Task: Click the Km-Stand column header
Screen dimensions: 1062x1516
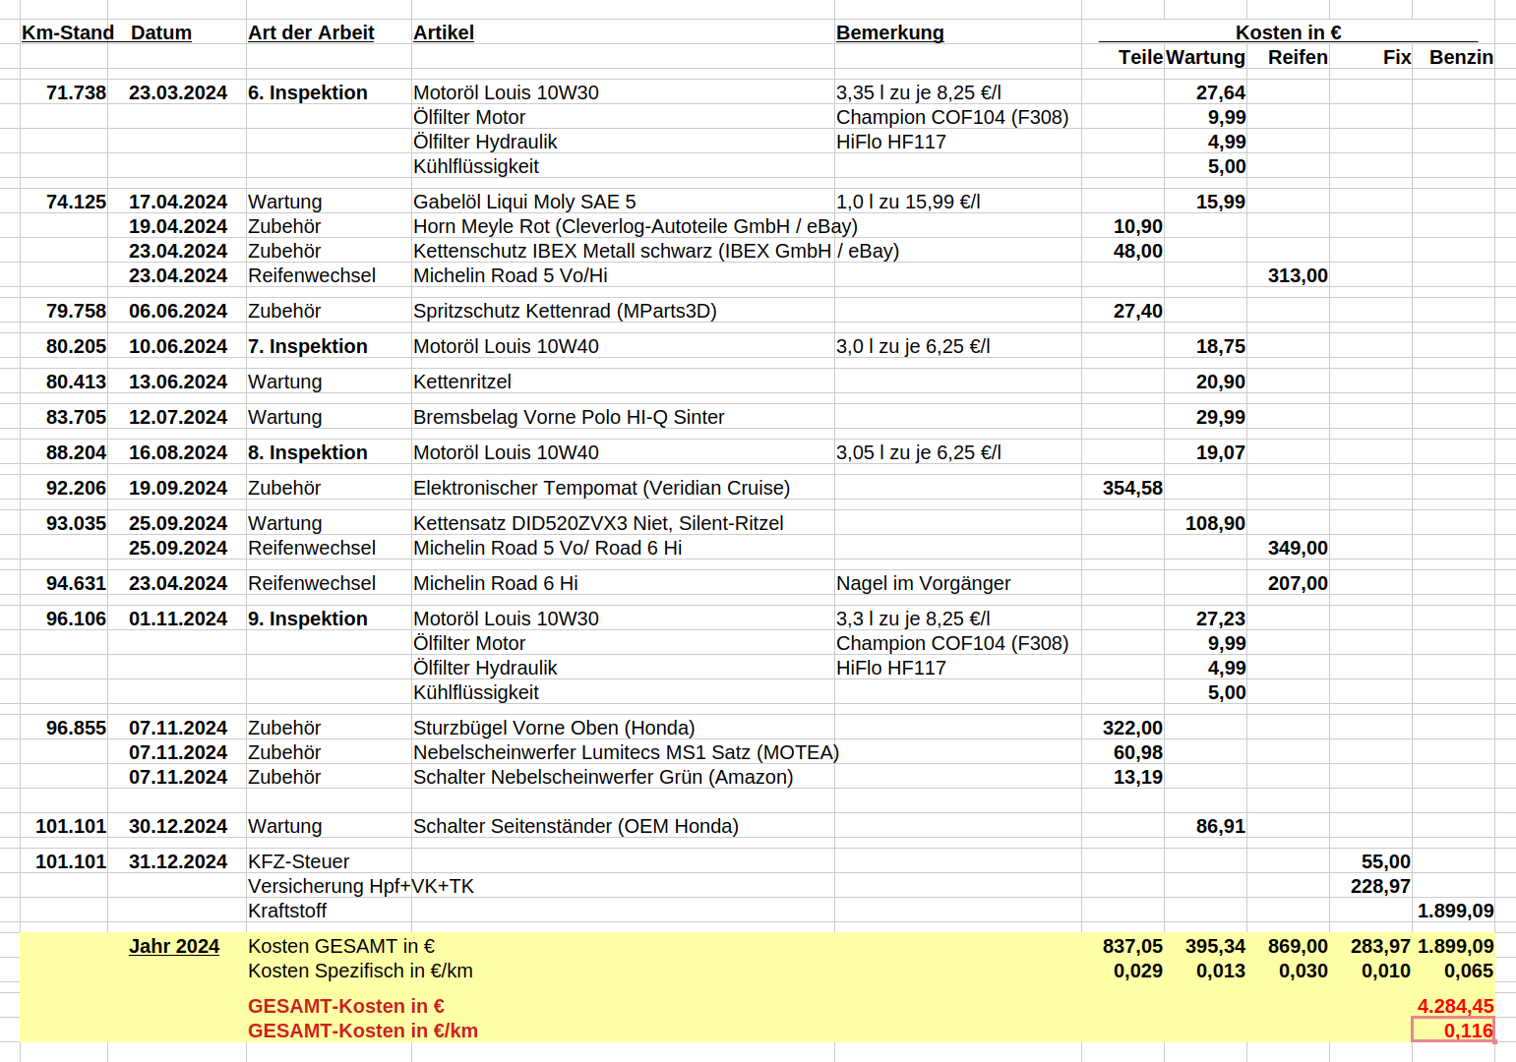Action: (68, 32)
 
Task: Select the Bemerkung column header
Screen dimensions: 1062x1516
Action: (889, 32)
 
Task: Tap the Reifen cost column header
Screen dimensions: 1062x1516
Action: (1297, 57)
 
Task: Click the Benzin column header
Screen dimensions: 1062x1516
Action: (1460, 57)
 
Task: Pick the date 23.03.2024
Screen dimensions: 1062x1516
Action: (178, 92)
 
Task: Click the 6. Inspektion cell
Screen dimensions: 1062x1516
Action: (307, 92)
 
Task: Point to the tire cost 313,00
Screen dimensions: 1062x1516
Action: (1297, 275)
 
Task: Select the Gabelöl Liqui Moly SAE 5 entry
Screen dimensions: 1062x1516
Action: (524, 202)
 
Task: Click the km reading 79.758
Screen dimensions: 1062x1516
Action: (76, 311)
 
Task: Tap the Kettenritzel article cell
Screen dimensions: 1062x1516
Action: (462, 382)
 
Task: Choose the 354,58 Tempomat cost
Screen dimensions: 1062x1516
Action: (1131, 488)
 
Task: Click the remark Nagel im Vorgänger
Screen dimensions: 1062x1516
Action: (923, 583)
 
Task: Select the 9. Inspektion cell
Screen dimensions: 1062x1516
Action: (307, 619)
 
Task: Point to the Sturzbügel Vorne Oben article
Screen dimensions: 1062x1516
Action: (554, 728)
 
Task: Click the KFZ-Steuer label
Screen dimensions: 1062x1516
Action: (298, 861)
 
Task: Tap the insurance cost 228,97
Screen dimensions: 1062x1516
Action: (1379, 886)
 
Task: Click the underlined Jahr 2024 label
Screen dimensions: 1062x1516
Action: (174, 946)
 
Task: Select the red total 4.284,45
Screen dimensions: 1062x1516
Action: (1454, 1006)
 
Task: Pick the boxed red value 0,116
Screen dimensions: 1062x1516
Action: (1467, 1031)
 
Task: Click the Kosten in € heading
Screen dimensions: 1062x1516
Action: (1288, 32)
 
